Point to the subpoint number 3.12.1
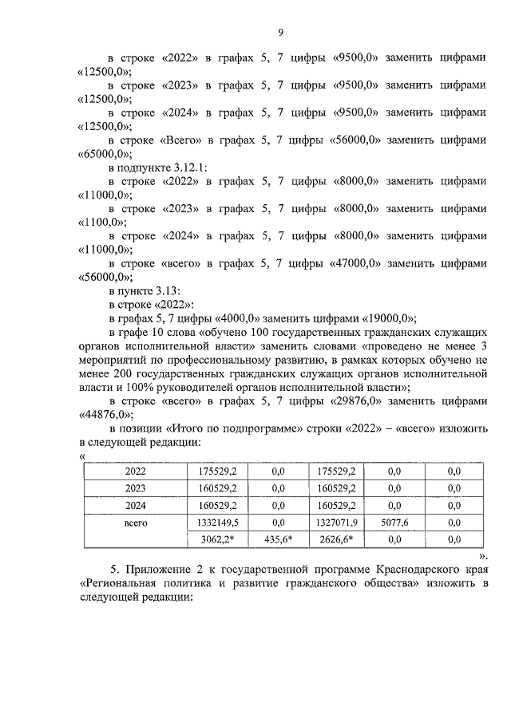(x=187, y=168)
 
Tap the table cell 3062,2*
(x=218, y=540)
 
